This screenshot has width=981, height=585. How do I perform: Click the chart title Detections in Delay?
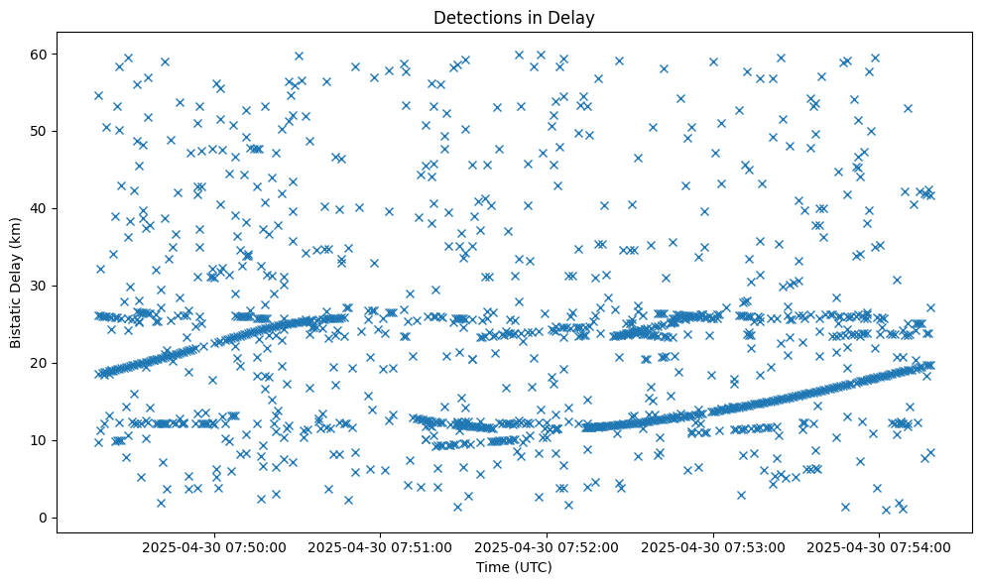(514, 18)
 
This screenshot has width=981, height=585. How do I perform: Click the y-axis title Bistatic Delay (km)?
(16, 283)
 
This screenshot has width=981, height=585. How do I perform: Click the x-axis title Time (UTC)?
(514, 568)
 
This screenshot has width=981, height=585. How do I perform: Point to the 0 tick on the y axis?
(45, 518)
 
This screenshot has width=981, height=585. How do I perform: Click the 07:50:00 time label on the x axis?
(214, 546)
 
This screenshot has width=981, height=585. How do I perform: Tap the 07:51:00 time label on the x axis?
(381, 546)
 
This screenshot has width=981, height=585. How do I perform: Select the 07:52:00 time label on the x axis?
(548, 546)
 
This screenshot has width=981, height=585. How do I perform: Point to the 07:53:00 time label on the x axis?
(713, 546)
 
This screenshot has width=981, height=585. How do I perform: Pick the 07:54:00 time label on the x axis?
(880, 546)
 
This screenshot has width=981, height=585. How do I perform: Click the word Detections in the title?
(473, 18)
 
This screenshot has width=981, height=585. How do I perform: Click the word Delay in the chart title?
(574, 18)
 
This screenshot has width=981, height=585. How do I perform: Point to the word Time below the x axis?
(492, 568)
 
